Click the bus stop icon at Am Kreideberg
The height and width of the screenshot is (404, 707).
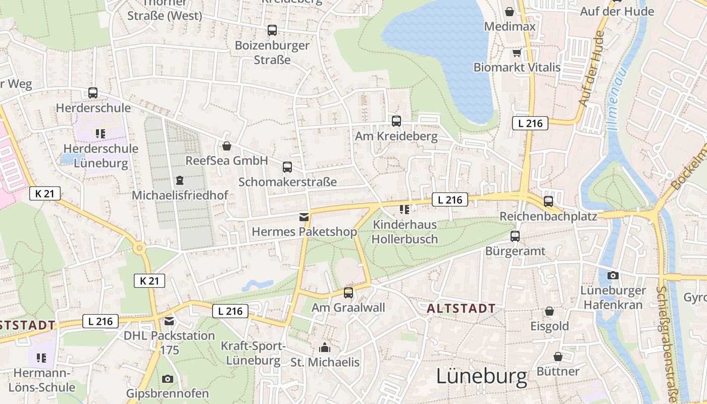tap(396, 121)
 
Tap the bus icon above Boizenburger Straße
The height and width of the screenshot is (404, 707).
tap(272, 30)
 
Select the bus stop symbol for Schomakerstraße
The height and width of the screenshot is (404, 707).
tap(287, 167)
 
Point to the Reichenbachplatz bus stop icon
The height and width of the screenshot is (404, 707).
tap(548, 201)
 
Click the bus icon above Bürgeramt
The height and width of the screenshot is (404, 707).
tap(515, 236)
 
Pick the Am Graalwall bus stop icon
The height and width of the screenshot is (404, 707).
tap(348, 292)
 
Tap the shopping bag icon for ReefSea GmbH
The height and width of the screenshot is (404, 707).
tap(227, 146)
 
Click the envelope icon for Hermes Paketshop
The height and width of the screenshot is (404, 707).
tap(304, 217)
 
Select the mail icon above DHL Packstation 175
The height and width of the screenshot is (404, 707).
tap(169, 321)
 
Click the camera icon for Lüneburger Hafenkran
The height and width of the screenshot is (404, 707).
tap(613, 275)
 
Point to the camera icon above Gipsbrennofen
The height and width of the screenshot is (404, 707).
tap(167, 379)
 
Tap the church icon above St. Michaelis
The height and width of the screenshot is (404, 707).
tap(325, 347)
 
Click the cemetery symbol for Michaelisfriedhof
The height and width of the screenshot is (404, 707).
tap(179, 180)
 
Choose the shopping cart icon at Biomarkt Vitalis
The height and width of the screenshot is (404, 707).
tap(517, 53)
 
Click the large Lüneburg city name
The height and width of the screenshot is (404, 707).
tap(482, 377)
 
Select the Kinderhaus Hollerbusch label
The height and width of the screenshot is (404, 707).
tap(405, 232)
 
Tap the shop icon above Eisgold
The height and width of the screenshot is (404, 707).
tap(549, 311)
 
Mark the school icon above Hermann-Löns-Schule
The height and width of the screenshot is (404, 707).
tap(41, 358)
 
